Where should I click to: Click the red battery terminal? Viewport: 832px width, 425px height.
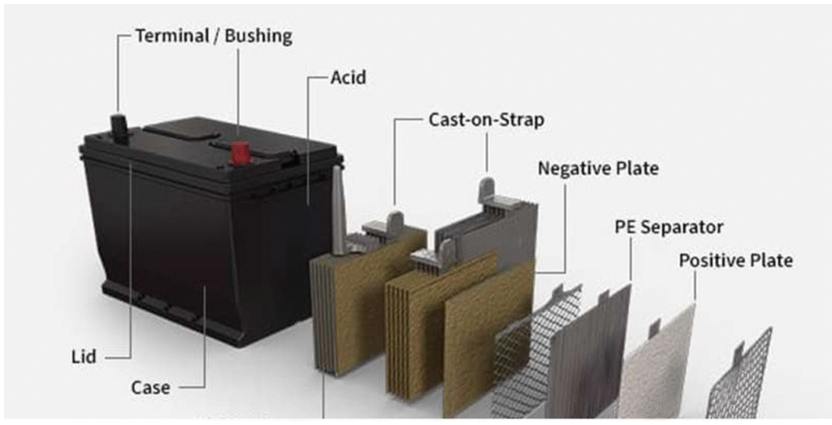(240, 152)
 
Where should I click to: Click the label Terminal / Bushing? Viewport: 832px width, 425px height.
(213, 36)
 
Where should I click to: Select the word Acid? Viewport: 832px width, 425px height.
(349, 78)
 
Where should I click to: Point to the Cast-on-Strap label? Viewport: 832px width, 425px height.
(486, 119)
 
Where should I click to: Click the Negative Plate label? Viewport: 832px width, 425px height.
(598, 169)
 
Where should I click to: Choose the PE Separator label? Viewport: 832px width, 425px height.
(669, 227)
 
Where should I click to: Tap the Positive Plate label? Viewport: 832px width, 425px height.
(735, 261)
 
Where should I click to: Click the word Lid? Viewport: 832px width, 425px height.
(84, 357)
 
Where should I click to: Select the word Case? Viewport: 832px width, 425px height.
(150, 388)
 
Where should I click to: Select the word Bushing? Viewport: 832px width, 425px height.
(259, 36)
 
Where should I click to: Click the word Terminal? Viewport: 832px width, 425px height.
(167, 36)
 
